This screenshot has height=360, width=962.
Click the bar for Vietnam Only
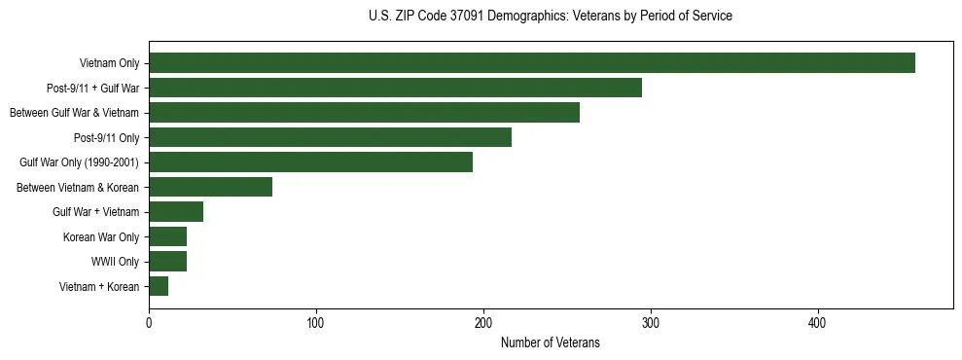531,63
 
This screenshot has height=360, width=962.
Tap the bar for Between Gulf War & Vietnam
364,113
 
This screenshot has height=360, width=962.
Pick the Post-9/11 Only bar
330,137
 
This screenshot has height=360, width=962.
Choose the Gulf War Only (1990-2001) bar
310,162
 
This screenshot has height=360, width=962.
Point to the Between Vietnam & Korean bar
210,187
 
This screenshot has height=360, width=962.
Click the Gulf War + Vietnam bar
176,212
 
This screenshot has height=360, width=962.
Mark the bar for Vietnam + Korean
159,286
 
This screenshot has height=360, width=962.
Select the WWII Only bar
167,262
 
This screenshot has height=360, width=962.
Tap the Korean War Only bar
167,236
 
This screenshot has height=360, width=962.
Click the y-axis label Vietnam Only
109,64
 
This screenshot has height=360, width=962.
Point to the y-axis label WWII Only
116,262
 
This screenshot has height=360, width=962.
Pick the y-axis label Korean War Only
102,237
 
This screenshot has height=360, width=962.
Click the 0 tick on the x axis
149,322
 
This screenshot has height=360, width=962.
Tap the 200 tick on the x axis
483,322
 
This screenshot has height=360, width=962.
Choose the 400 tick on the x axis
818,322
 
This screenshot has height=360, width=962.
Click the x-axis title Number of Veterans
550,343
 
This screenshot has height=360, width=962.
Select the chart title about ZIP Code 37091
551,17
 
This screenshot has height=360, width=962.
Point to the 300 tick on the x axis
651,322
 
